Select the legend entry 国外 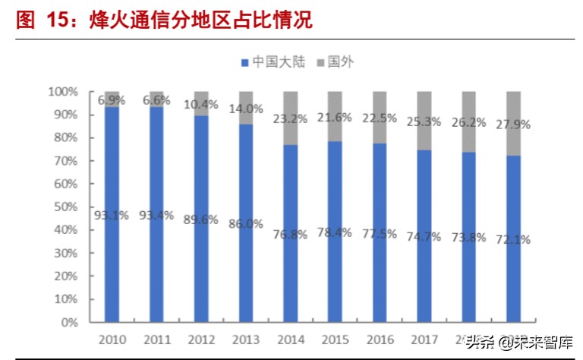pyautogui.click(x=334, y=62)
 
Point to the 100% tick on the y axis pyautogui.click(x=63, y=91)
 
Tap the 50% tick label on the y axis pyautogui.click(x=66, y=207)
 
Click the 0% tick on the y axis pyautogui.click(x=69, y=322)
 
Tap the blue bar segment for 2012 pyautogui.click(x=202, y=266)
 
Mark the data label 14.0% pyautogui.click(x=247, y=109)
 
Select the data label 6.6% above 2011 pyautogui.click(x=157, y=100)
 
